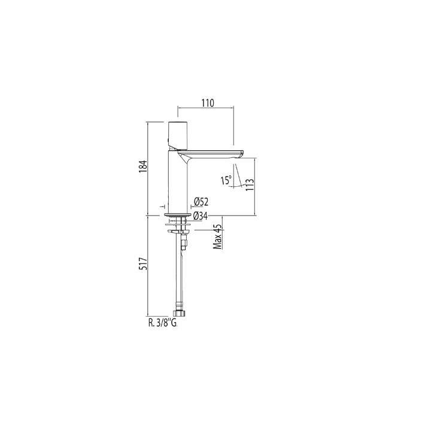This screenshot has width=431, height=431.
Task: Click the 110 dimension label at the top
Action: click(x=207, y=102)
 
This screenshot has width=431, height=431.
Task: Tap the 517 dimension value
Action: click(x=141, y=266)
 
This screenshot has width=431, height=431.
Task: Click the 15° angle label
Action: click(x=226, y=180)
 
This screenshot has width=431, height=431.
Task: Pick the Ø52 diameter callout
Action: click(x=201, y=202)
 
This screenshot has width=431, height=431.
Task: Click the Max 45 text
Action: click(x=218, y=236)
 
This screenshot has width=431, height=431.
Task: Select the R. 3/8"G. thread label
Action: click(x=163, y=322)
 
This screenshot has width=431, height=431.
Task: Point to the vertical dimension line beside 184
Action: click(x=148, y=168)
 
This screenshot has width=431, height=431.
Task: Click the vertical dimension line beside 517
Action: click(x=148, y=266)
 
